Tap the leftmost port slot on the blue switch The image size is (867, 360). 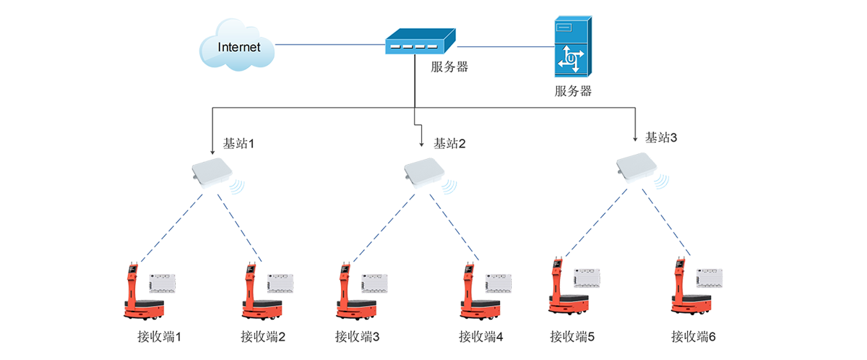pos(394,47)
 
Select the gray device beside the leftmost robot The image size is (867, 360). pos(163,282)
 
